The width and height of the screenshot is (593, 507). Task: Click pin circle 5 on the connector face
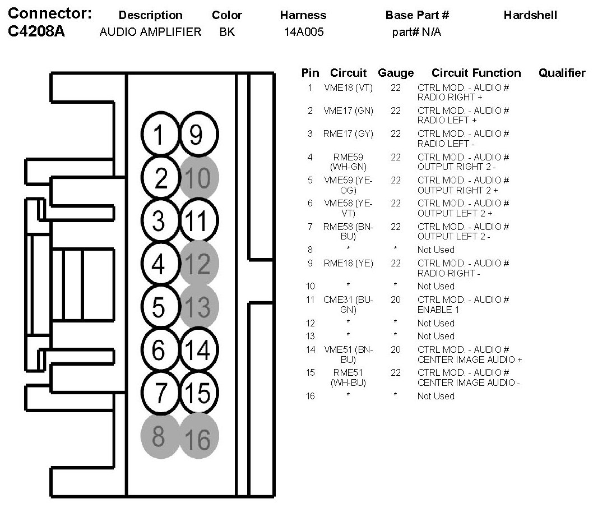click(159, 307)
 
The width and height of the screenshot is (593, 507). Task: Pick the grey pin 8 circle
click(159, 437)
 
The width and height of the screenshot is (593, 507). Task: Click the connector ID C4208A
click(37, 31)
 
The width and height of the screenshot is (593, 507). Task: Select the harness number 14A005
click(304, 32)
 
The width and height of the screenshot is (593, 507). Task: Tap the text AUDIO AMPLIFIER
click(150, 32)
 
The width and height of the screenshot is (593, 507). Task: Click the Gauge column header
click(396, 73)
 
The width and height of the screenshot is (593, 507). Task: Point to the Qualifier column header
click(562, 73)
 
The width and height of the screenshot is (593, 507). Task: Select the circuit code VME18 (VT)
click(348, 88)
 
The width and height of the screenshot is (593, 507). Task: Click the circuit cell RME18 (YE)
click(348, 263)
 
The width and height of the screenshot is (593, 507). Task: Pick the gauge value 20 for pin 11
click(396, 299)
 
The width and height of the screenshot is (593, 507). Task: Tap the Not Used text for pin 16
click(436, 396)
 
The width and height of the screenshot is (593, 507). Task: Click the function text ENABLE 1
click(438, 310)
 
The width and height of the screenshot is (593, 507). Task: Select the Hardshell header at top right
click(530, 15)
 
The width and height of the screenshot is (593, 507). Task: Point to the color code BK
click(227, 32)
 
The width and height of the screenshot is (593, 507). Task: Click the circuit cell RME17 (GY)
click(348, 134)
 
